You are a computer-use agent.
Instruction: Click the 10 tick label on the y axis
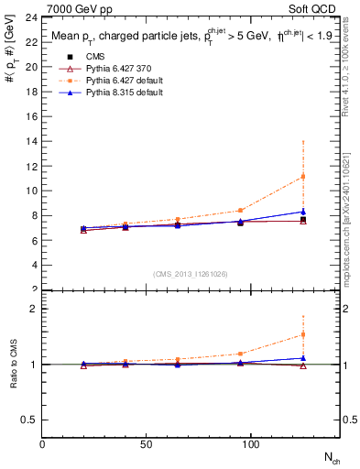click(x=31, y=191)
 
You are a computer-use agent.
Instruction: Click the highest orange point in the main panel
click(x=302, y=176)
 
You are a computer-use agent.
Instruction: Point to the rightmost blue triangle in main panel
click(x=302, y=212)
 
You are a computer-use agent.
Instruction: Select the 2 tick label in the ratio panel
click(x=33, y=309)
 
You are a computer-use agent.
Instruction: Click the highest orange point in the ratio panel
click(x=302, y=335)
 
